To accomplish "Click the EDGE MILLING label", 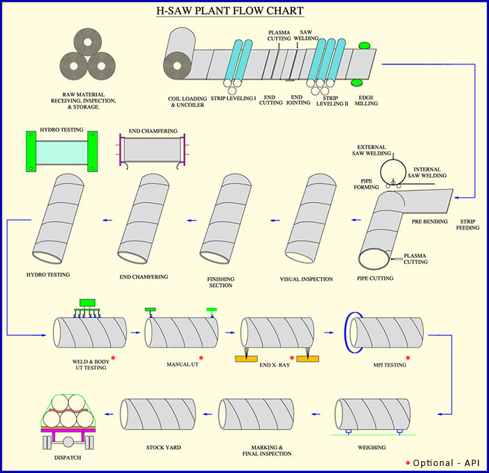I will (367, 101).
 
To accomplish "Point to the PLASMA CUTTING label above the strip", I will (280, 35).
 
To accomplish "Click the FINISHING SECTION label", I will (221, 282).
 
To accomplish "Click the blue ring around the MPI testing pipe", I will (347, 332).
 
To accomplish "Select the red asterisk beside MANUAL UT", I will (201, 358).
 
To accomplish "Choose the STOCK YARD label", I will (164, 447).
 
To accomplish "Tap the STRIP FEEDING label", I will (467, 223).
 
